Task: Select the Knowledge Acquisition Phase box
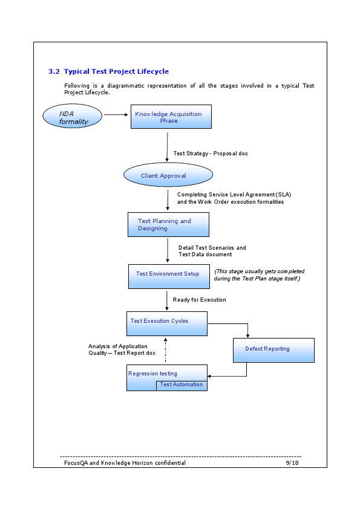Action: (x=171, y=117)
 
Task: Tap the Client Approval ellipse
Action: (x=168, y=175)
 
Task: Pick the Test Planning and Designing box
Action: (x=168, y=224)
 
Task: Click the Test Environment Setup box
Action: (x=168, y=276)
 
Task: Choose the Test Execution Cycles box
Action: (x=166, y=323)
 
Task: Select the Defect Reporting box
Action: (x=273, y=349)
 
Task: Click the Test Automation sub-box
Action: (x=182, y=385)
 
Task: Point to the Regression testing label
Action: (x=152, y=374)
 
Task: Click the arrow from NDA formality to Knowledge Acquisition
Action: (x=117, y=114)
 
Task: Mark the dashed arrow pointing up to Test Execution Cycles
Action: (x=166, y=351)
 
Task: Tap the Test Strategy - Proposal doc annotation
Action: (x=211, y=154)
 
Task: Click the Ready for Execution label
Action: (x=199, y=300)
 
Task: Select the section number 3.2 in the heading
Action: (x=54, y=71)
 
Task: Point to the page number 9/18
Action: (x=292, y=462)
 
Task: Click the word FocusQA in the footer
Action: (x=76, y=462)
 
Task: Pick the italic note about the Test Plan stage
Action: (x=260, y=275)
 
